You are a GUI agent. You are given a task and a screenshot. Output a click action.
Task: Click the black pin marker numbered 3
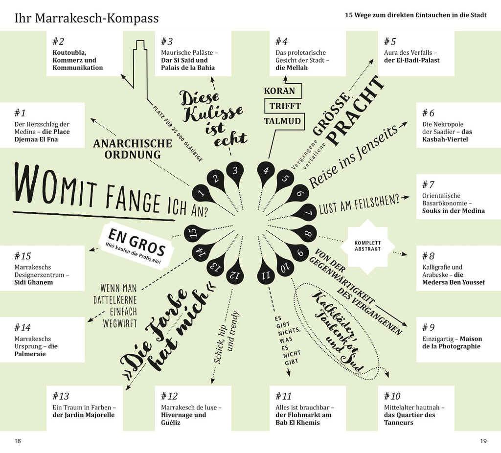[235, 173]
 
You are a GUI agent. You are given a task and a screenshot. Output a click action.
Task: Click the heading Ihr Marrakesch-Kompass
[87, 18]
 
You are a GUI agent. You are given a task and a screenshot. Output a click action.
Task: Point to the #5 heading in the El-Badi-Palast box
[390, 42]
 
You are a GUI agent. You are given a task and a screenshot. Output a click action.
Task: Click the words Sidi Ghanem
[34, 282]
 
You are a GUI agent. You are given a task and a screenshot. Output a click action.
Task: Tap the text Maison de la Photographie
[452, 342]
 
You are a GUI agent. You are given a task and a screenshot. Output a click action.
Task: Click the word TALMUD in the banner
[282, 121]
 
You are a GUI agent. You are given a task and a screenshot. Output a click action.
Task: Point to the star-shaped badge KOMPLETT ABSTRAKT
[367, 246]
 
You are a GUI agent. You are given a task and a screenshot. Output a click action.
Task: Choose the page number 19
[483, 441]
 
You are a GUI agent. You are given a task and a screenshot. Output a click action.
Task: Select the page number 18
[18, 441]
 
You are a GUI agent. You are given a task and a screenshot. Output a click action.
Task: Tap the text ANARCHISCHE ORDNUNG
[133, 149]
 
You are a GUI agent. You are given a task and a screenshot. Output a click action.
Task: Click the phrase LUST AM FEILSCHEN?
[360, 204]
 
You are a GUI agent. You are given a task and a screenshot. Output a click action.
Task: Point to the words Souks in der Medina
[454, 211]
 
